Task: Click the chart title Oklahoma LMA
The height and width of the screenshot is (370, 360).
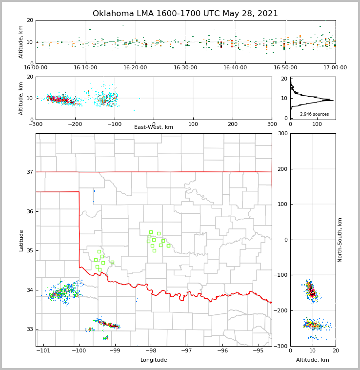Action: (185, 14)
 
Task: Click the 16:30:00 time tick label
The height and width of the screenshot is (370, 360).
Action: (185, 67)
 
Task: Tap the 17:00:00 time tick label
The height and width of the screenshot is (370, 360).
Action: (335, 67)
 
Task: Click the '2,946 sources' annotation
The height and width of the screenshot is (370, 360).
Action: (314, 114)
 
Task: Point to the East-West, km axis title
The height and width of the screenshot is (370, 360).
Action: (154, 127)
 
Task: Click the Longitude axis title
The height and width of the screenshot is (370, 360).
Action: (154, 360)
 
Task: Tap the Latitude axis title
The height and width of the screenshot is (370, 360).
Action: (21, 240)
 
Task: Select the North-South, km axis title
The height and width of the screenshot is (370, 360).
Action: (340, 240)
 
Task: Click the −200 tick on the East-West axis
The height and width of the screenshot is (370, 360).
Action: (74, 124)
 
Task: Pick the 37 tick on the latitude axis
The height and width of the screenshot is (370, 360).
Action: (30, 172)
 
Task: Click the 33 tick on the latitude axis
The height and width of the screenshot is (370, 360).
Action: (30, 329)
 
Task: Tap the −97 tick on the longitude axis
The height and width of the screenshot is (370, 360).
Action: (186, 351)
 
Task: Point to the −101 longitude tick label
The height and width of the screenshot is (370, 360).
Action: (43, 351)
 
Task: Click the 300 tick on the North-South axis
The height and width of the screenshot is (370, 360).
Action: (282, 134)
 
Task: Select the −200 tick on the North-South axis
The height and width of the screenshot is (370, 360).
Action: (281, 311)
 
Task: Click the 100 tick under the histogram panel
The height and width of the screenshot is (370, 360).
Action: (317, 124)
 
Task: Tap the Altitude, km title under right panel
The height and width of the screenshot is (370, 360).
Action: (313, 360)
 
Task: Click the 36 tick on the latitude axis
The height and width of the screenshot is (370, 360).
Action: (30, 211)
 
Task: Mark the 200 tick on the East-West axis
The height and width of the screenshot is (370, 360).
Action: (233, 124)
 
